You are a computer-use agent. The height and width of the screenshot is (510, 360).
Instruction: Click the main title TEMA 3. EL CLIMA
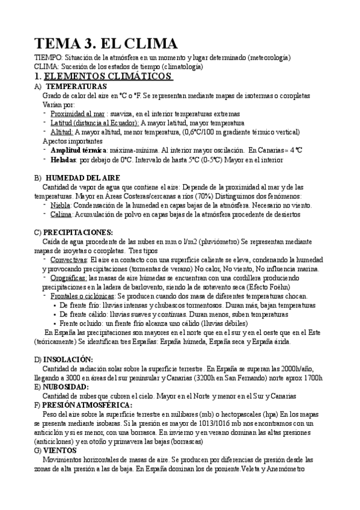click(x=106, y=43)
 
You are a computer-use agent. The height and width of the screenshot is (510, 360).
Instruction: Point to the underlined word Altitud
click(x=62, y=131)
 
